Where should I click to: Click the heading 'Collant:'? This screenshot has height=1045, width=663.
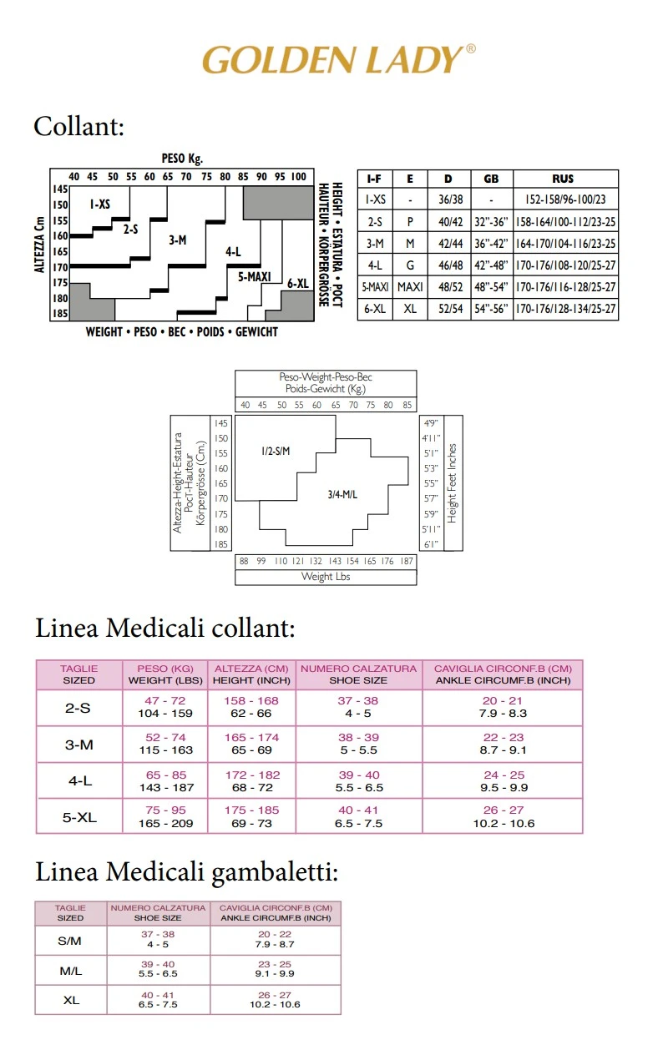78,127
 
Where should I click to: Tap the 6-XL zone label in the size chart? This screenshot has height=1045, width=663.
297,284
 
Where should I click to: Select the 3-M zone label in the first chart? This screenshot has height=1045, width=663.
177,240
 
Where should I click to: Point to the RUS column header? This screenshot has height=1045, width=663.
564,179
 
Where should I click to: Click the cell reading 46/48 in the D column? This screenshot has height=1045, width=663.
448,265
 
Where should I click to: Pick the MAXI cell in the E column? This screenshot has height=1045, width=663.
410,287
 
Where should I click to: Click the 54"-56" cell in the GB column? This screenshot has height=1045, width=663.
491,309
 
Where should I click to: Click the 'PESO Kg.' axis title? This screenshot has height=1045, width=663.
182,157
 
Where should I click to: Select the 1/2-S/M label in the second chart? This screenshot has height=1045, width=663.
275,452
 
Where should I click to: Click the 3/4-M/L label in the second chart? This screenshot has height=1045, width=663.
342,494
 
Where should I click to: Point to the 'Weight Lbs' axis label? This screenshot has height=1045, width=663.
326,577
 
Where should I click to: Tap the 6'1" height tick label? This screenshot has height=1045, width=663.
430,544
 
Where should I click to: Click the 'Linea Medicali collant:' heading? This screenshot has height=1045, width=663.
165,628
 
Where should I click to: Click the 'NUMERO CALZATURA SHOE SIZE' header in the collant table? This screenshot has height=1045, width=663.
358,674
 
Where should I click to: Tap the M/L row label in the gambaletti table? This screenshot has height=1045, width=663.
71,972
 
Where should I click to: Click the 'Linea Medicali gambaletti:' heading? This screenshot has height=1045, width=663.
186,872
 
